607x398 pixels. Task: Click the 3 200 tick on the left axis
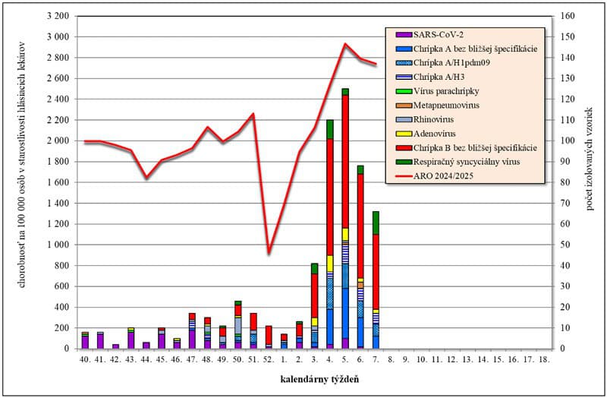[58, 16]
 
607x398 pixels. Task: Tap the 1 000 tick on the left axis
[58, 245]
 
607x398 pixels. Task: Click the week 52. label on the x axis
[268, 359]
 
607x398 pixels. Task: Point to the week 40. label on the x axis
[85, 359]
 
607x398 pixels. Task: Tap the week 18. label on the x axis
[543, 359]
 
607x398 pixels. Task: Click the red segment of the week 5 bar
[345, 160]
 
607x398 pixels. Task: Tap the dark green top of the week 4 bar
[330, 129]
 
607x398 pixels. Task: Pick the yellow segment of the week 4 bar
[330, 263]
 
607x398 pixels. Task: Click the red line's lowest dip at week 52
[269, 252]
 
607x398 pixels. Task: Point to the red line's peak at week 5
[345, 44]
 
